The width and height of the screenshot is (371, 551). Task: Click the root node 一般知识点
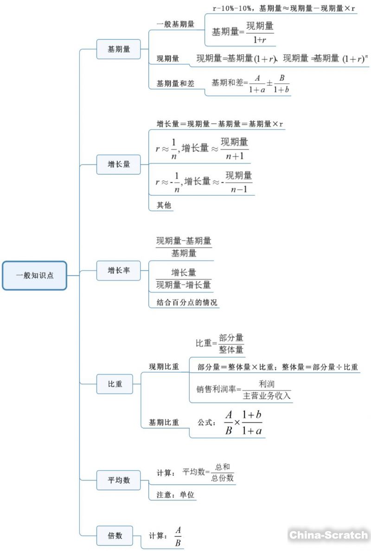point(35,275)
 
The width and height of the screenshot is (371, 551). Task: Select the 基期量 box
point(118,49)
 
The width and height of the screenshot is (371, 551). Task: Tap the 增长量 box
point(118,164)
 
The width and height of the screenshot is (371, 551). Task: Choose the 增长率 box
point(118,271)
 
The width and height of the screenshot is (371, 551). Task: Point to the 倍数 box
point(115,535)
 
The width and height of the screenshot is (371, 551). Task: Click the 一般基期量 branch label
point(175,25)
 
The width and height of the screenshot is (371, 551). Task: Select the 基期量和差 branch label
point(175,83)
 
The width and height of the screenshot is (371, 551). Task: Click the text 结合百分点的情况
point(184,303)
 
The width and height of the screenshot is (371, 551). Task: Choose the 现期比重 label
point(164,367)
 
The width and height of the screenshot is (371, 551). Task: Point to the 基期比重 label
point(164,422)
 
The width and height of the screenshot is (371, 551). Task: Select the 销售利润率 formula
point(243,390)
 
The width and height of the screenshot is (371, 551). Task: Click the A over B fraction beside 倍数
point(178,536)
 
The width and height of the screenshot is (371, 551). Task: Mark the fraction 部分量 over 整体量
point(231,343)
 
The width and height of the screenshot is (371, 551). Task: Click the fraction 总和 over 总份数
point(222,472)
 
